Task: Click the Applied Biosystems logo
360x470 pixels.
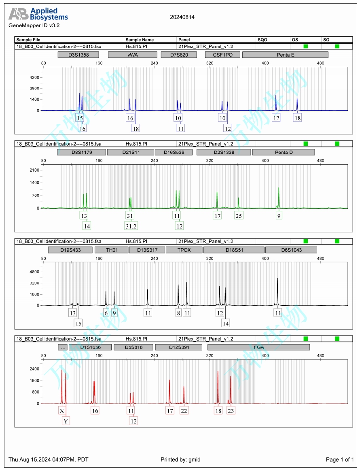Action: click(38, 14)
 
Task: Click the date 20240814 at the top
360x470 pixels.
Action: click(182, 17)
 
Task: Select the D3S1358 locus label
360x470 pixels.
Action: click(78, 55)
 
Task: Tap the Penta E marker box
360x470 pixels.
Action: click(286, 55)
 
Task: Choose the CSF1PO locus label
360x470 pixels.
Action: click(222, 55)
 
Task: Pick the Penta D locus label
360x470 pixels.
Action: click(284, 152)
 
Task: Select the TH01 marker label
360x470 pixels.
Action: click(112, 250)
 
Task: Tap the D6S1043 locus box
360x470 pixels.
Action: click(291, 250)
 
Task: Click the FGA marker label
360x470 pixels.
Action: click(259, 347)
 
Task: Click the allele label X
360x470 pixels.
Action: click(62, 410)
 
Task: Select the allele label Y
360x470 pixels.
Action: click(66, 421)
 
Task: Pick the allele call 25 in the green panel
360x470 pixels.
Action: click(239, 215)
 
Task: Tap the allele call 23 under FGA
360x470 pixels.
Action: click(231, 410)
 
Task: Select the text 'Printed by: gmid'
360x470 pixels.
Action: click(180, 459)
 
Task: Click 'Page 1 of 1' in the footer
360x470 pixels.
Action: click(340, 459)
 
